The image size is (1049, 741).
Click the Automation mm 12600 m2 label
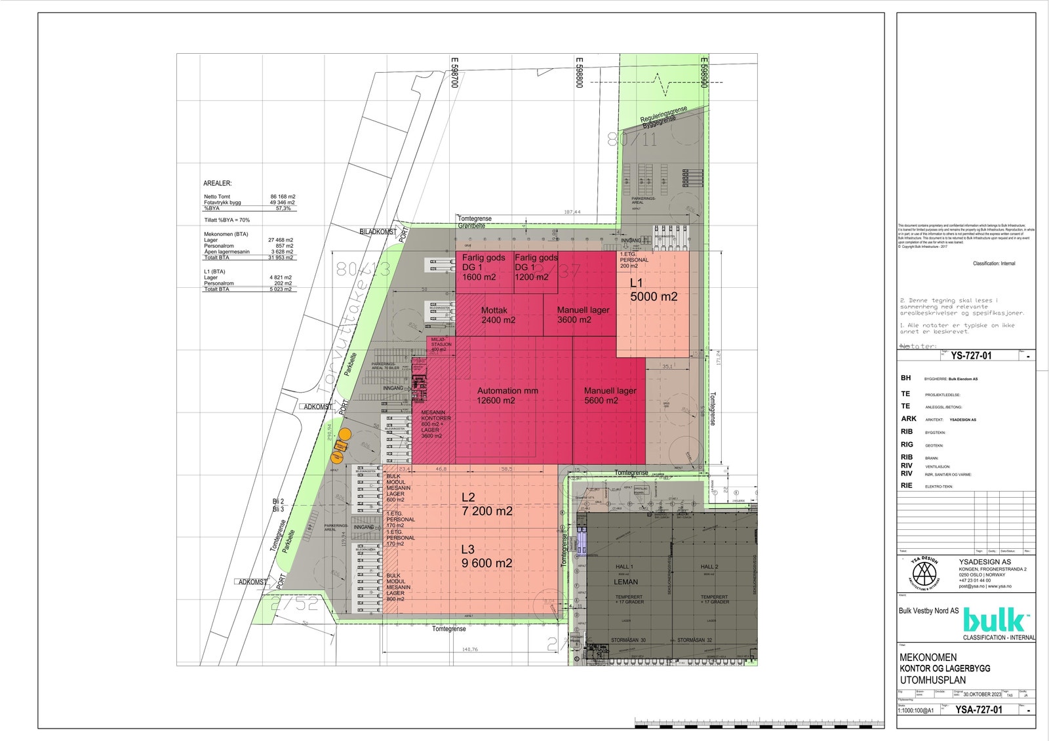pos(507,395)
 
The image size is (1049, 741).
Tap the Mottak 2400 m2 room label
pos(498,315)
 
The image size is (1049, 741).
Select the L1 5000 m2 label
pos(653,290)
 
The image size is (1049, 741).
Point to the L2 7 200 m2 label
pos(486,504)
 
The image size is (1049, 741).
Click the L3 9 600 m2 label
pos(486,557)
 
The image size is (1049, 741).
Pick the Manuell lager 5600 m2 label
pos(610,395)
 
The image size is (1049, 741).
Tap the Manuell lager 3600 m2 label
pos(582,315)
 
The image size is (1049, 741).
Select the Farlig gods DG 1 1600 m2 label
pos(483,268)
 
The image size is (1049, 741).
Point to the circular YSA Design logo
pos(923,572)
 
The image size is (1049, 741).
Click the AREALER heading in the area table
pos(218,184)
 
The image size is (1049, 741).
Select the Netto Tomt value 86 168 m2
pos(283,197)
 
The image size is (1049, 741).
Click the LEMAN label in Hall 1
pos(625,582)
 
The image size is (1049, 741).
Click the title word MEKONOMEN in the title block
pos(928,657)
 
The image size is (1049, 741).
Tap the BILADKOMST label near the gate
pos(378,232)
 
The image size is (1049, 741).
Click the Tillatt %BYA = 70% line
pos(227,220)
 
